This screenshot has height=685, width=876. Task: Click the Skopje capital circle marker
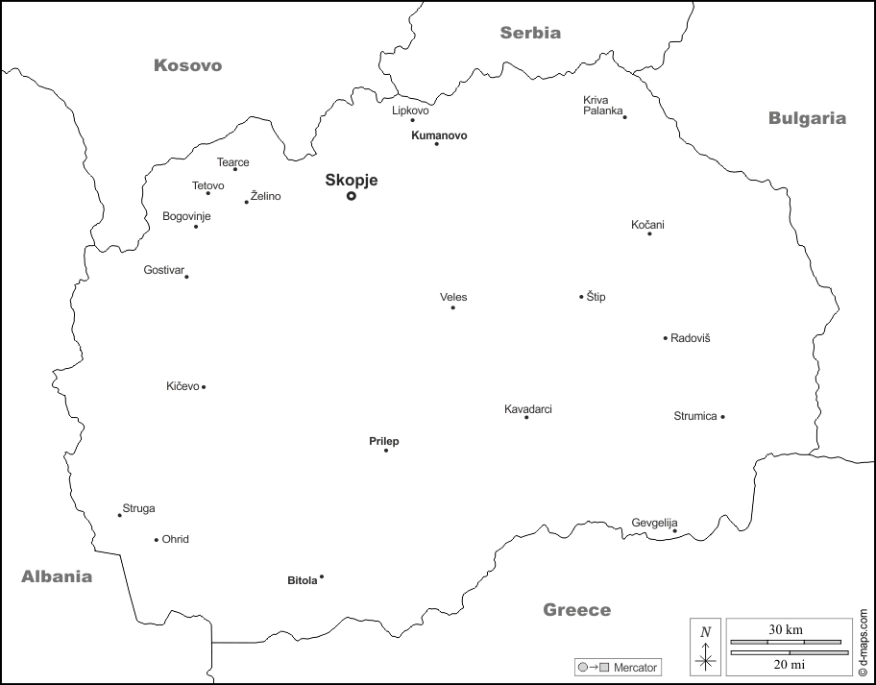click(x=352, y=196)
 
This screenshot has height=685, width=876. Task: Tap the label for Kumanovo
click(x=439, y=135)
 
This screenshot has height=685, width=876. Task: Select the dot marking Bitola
click(x=322, y=577)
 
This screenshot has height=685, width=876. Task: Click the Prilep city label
click(x=384, y=441)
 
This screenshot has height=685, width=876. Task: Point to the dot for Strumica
click(x=722, y=417)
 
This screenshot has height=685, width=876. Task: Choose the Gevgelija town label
click(x=654, y=523)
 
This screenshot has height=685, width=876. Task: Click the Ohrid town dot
click(x=157, y=540)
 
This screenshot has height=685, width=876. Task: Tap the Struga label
click(x=138, y=508)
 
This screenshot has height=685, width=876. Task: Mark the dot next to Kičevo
click(x=204, y=387)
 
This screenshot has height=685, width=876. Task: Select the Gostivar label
click(x=162, y=270)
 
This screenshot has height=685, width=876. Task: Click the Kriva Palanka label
click(x=600, y=105)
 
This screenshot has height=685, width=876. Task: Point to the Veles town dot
click(x=453, y=307)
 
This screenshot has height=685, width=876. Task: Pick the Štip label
click(x=596, y=297)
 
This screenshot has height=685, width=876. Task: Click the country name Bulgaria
click(x=807, y=118)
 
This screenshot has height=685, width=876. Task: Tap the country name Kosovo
click(x=187, y=65)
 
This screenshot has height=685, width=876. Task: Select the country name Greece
click(x=576, y=609)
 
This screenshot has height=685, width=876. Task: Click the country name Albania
click(x=57, y=576)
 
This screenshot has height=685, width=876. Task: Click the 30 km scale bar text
click(x=785, y=629)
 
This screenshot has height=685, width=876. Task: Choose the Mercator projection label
click(x=635, y=667)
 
